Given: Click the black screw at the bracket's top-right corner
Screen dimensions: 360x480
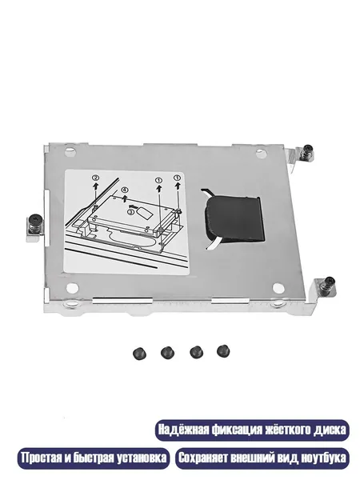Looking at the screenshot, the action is tap(307, 151).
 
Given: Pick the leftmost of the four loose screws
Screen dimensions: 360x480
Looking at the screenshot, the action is tap(139, 354).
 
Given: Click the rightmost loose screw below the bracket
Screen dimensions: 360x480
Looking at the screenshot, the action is tap(223, 351).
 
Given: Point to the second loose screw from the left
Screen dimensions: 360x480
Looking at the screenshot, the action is tap(167, 353).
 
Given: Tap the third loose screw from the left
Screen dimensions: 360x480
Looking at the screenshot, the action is tap(196, 352).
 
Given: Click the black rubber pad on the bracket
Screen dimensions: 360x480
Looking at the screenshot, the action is tap(234, 218).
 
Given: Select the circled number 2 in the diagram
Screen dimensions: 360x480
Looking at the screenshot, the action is tap(96, 178).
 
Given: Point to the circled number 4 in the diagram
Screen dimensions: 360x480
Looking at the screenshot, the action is tap(125, 190).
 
